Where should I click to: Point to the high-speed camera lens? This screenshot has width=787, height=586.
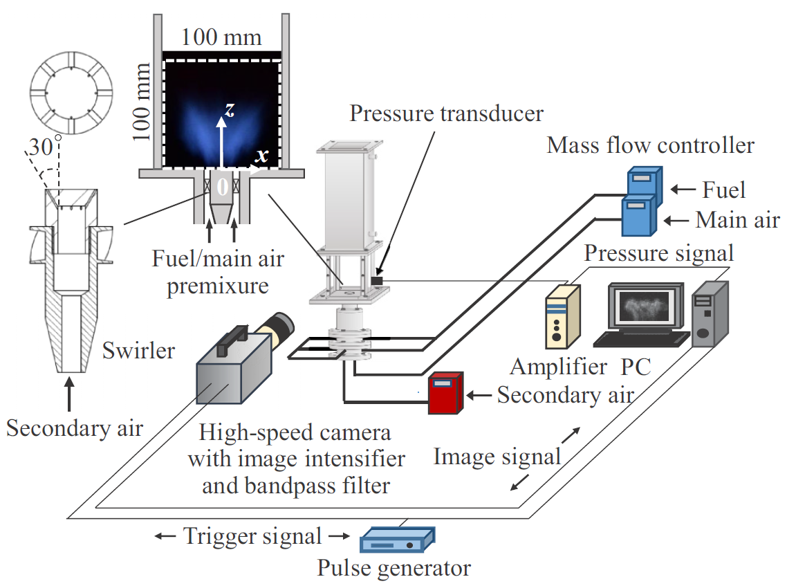[277, 328]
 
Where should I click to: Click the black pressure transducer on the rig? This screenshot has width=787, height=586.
[377, 280]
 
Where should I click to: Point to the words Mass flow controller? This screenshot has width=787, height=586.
[650, 146]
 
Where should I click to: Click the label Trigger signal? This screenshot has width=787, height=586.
[252, 535]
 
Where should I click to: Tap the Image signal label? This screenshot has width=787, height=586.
[497, 457]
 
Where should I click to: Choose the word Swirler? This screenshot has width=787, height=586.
[138, 350]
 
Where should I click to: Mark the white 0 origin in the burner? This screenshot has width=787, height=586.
[222, 186]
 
